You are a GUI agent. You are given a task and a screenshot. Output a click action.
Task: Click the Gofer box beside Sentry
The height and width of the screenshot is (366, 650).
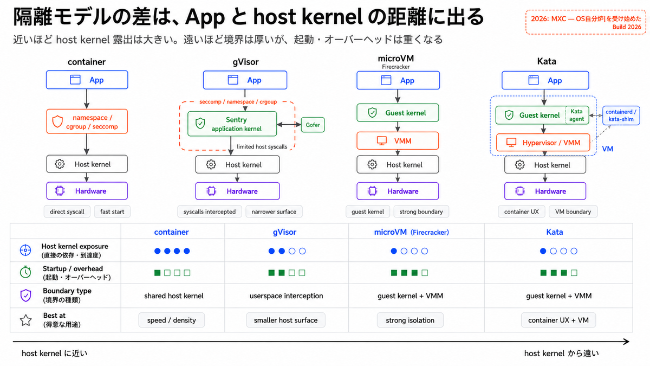click(x=313, y=125)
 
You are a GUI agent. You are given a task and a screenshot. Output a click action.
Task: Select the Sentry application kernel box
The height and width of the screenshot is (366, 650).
click(x=232, y=124)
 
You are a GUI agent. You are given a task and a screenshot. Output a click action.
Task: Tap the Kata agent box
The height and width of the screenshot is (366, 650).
click(x=576, y=115)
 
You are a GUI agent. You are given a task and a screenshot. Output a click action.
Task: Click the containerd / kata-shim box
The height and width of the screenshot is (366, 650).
click(x=621, y=115)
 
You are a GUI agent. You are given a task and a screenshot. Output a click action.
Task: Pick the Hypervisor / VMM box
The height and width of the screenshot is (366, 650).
click(x=543, y=143)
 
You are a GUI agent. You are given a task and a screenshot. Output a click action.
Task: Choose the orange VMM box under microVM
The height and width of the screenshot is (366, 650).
click(x=398, y=141)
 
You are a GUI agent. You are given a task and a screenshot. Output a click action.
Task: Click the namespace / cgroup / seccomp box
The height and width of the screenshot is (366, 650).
click(x=87, y=121)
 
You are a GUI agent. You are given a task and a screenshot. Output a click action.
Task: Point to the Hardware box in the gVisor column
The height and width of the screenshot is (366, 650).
click(x=237, y=191)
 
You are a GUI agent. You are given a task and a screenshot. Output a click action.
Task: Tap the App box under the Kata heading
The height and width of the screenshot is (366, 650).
click(x=545, y=80)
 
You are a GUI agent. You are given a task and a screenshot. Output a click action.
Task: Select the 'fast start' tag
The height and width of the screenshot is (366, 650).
click(x=112, y=212)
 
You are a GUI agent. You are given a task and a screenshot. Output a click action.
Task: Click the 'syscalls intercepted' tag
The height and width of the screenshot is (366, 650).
click(x=210, y=212)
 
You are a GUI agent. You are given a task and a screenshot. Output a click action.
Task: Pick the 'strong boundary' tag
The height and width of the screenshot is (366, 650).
click(x=421, y=212)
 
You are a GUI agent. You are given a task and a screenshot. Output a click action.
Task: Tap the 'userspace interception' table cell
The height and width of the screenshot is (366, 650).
click(x=286, y=296)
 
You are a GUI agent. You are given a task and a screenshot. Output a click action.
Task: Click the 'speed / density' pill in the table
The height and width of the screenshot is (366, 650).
click(x=172, y=320)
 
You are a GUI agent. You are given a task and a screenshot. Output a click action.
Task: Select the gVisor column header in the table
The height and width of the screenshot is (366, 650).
click(x=284, y=232)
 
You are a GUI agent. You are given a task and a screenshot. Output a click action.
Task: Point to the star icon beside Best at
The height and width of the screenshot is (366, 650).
click(x=25, y=320)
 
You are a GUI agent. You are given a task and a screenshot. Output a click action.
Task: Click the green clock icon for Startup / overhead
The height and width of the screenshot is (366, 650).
click(x=25, y=272)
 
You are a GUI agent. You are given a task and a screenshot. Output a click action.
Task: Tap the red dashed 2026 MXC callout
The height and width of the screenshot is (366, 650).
click(x=586, y=22)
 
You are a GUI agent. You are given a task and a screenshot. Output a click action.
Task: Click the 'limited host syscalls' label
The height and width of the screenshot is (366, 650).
click(x=262, y=147)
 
